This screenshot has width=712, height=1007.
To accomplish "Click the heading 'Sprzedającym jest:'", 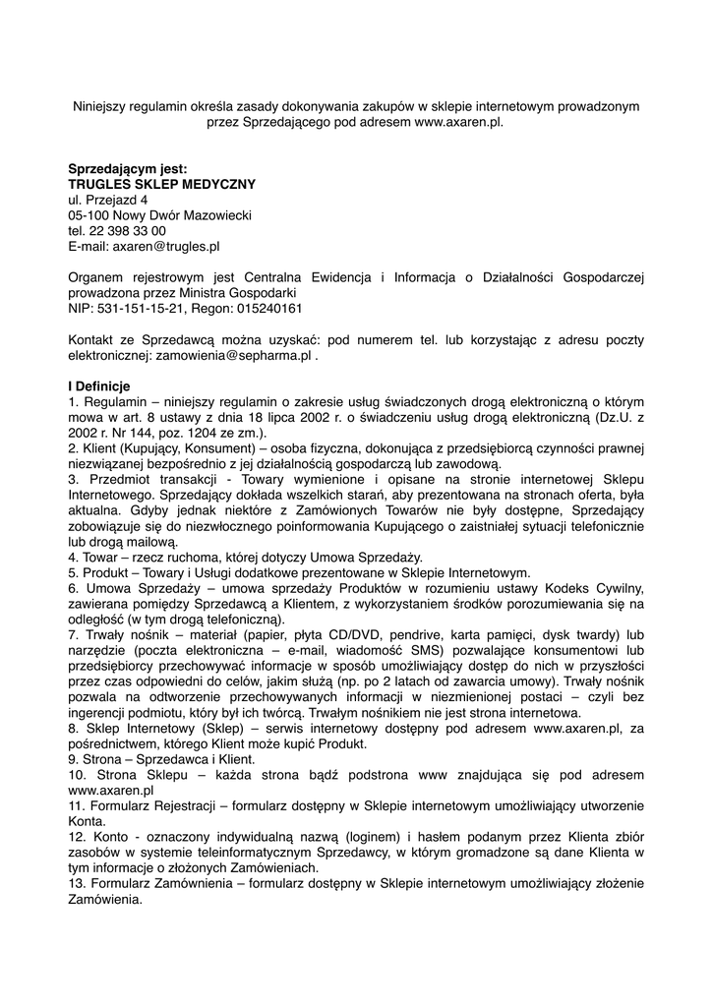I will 128,168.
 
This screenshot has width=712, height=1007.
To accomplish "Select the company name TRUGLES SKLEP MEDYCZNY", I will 161,184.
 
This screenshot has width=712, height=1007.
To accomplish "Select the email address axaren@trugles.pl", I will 165,247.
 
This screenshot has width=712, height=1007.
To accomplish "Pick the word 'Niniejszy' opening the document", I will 103,106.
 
